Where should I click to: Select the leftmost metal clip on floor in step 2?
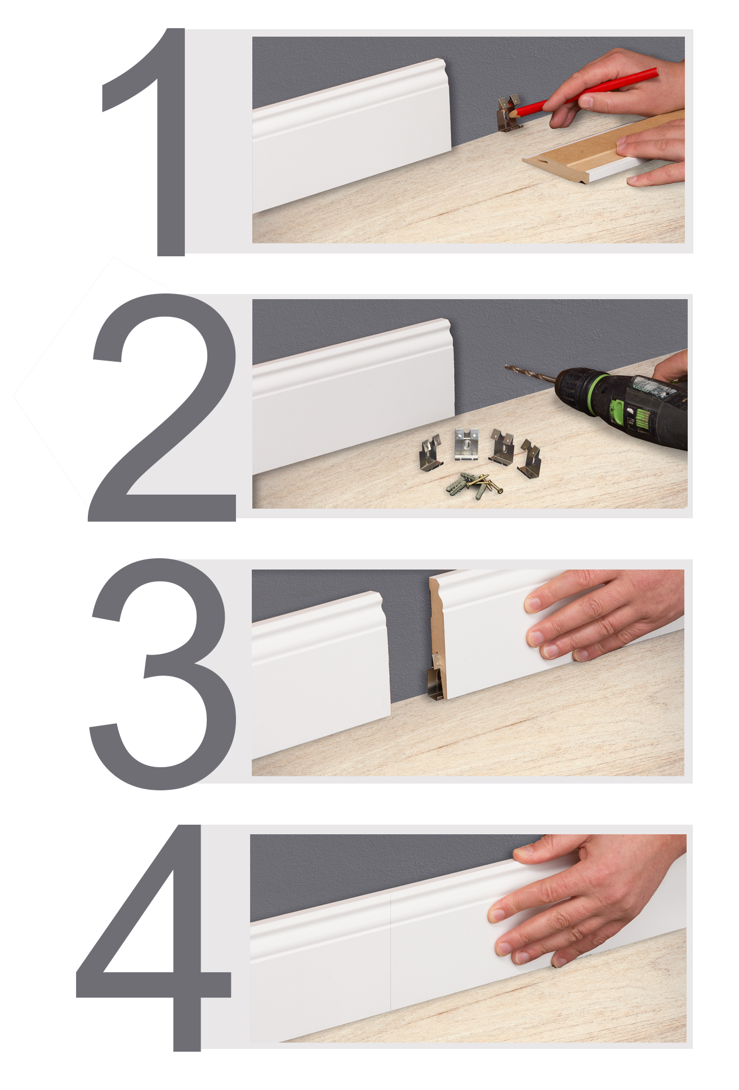coord(431,454)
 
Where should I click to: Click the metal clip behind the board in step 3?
coord(435,679)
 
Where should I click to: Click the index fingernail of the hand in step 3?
coord(532,604)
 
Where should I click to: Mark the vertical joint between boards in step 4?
coord(390,952)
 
